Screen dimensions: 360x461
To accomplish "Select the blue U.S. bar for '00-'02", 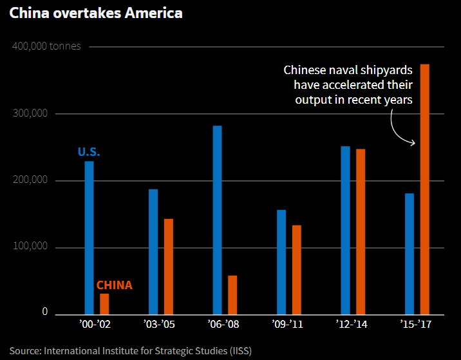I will pos(89,237).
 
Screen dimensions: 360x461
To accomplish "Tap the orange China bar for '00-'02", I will pos(104,303).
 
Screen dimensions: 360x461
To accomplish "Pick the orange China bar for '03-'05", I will pos(169,266).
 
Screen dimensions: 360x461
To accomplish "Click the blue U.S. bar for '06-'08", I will pos(217,219).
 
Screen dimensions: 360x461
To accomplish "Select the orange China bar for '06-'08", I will pos(232,294).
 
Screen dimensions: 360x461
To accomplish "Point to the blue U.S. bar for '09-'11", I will pos(281,261).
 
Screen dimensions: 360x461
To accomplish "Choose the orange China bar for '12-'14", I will pos(361,231).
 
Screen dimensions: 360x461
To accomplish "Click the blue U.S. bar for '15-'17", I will pos(409,253).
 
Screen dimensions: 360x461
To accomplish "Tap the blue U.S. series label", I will pos(89,153).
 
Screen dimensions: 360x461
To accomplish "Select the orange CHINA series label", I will pos(114,285).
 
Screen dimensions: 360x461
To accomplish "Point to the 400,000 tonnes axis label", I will pos(46,47).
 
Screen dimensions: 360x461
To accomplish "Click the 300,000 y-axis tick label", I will pos(30,114).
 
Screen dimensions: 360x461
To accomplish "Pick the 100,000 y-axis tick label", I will pos(30,247).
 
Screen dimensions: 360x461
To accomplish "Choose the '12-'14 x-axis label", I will pos(353,325).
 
